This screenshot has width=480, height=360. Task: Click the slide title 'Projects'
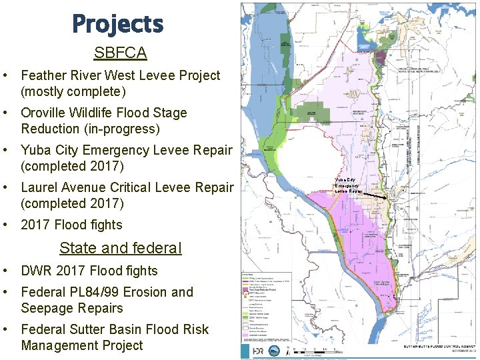point(118,25)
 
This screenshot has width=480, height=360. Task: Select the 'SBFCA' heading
point(121,53)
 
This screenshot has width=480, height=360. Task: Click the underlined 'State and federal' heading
point(120,248)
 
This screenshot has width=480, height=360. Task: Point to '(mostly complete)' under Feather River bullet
point(73,91)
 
